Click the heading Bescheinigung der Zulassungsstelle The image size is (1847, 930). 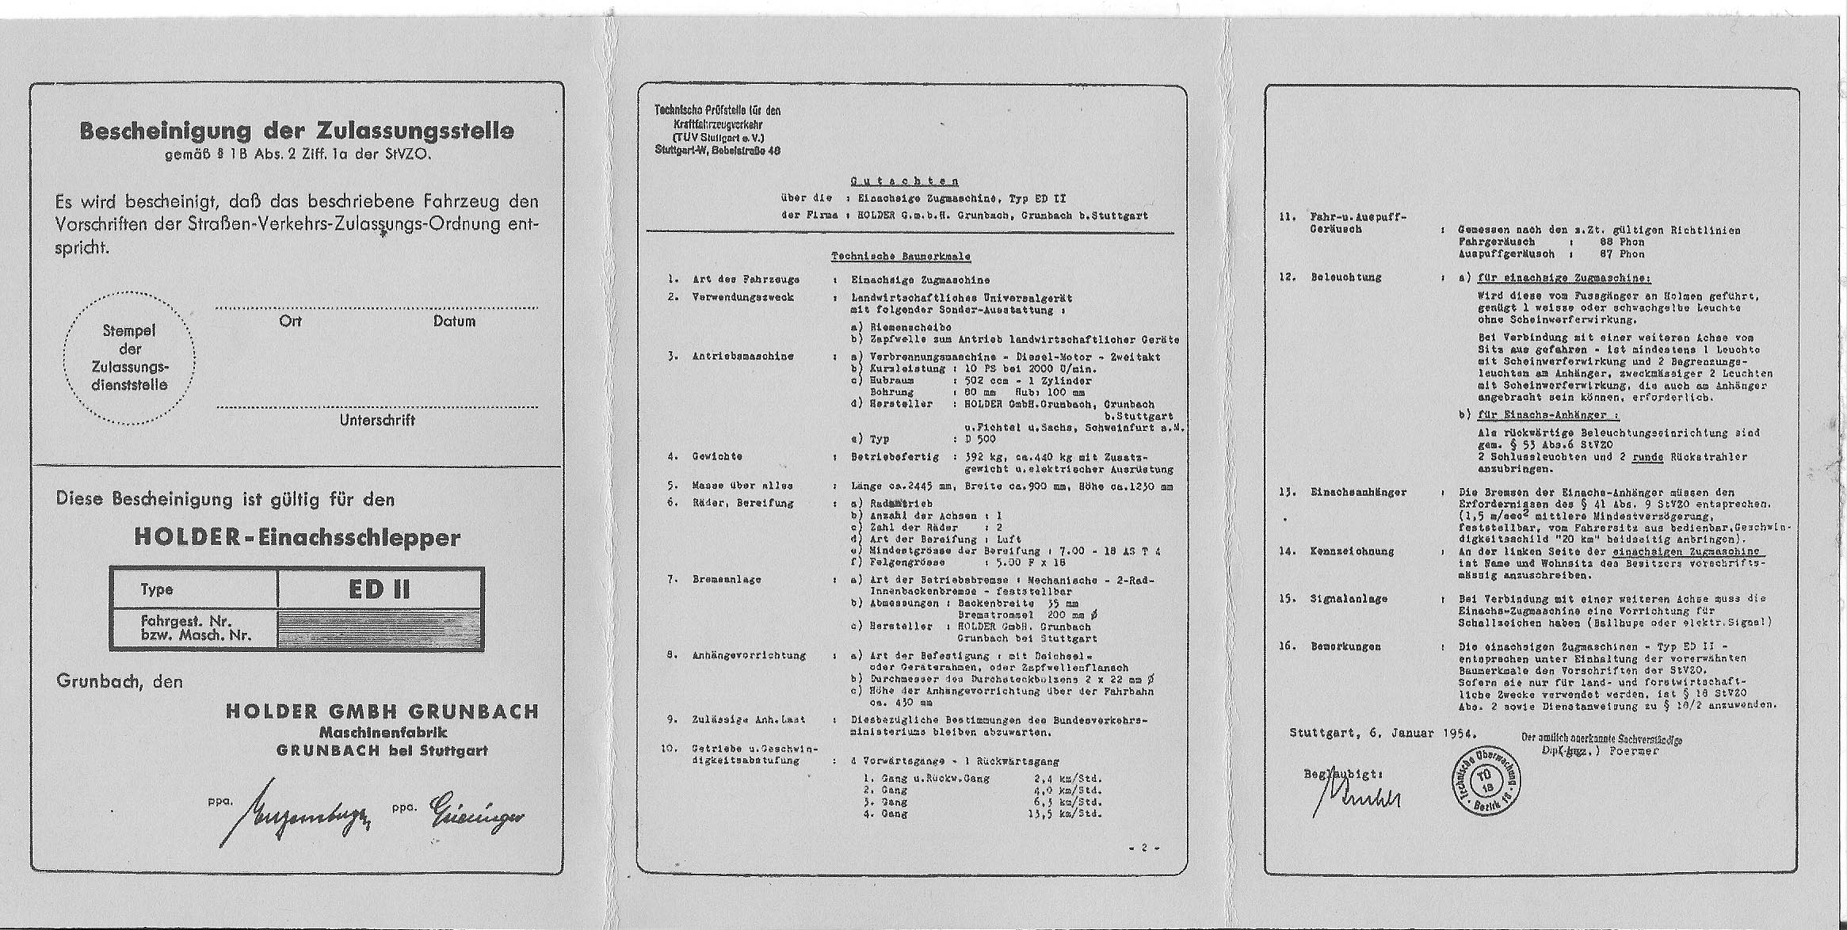(296, 131)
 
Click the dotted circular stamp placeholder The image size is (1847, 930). (130, 358)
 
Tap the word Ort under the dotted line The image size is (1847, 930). (290, 322)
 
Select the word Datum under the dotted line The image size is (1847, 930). (454, 322)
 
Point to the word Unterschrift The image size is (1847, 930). (377, 421)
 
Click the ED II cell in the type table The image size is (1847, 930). (379, 589)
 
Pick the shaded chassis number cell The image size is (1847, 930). (379, 629)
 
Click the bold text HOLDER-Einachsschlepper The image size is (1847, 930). (296, 537)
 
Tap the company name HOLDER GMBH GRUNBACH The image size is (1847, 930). (382, 711)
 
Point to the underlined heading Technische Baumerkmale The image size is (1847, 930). (900, 257)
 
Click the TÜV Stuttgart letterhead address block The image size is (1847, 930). (717, 131)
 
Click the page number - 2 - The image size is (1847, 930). (1143, 848)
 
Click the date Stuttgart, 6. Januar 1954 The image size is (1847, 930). (1382, 733)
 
